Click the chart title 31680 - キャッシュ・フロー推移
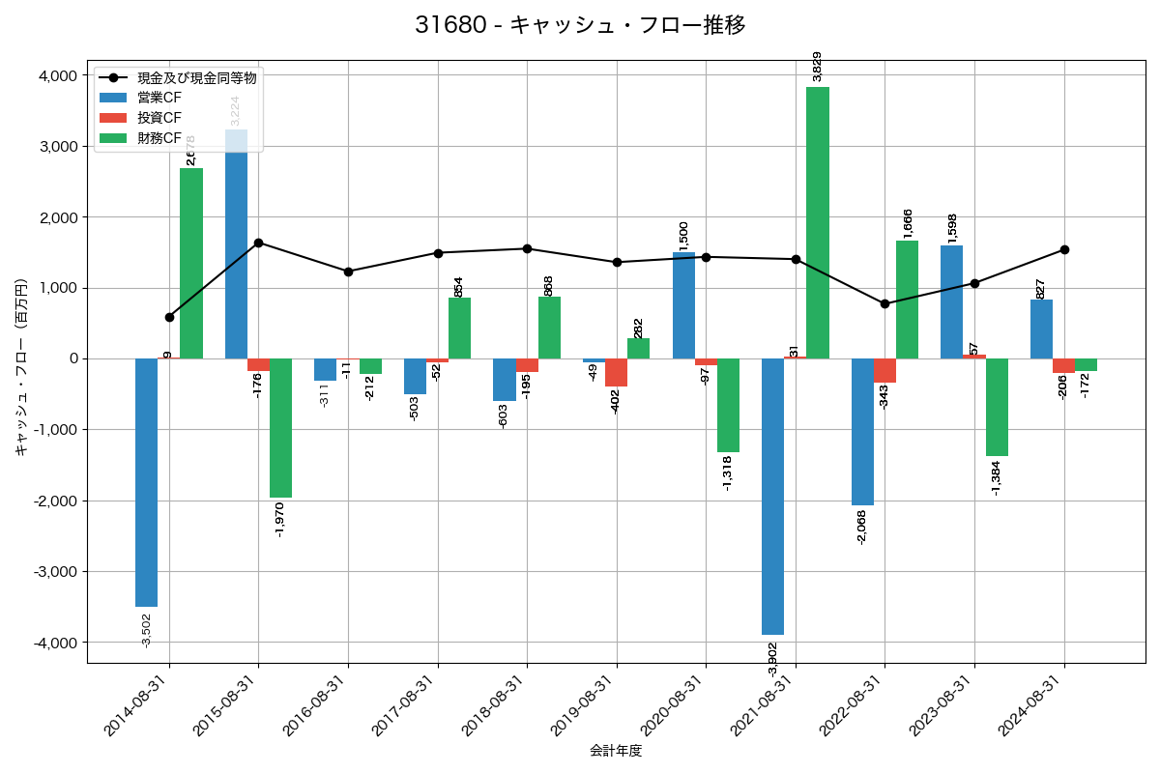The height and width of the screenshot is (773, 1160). click(x=580, y=25)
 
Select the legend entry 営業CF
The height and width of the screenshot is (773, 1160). click(x=159, y=98)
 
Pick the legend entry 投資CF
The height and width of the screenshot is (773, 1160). click(x=159, y=118)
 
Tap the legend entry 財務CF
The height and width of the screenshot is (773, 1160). click(x=159, y=138)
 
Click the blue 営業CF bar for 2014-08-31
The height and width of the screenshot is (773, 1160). click(x=147, y=482)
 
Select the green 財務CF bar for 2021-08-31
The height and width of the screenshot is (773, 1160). click(x=818, y=222)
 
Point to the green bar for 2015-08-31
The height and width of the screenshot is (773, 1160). click(x=281, y=428)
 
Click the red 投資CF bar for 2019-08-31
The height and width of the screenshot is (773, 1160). click(x=617, y=372)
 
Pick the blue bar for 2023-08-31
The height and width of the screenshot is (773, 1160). click(x=951, y=301)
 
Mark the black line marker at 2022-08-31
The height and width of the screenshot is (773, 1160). click(x=884, y=303)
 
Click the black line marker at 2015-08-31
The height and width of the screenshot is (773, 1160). click(x=259, y=243)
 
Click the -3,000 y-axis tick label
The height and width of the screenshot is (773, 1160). click(x=57, y=572)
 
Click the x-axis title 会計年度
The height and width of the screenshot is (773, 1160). click(x=616, y=751)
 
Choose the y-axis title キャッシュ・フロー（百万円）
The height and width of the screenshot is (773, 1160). click(x=21, y=367)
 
